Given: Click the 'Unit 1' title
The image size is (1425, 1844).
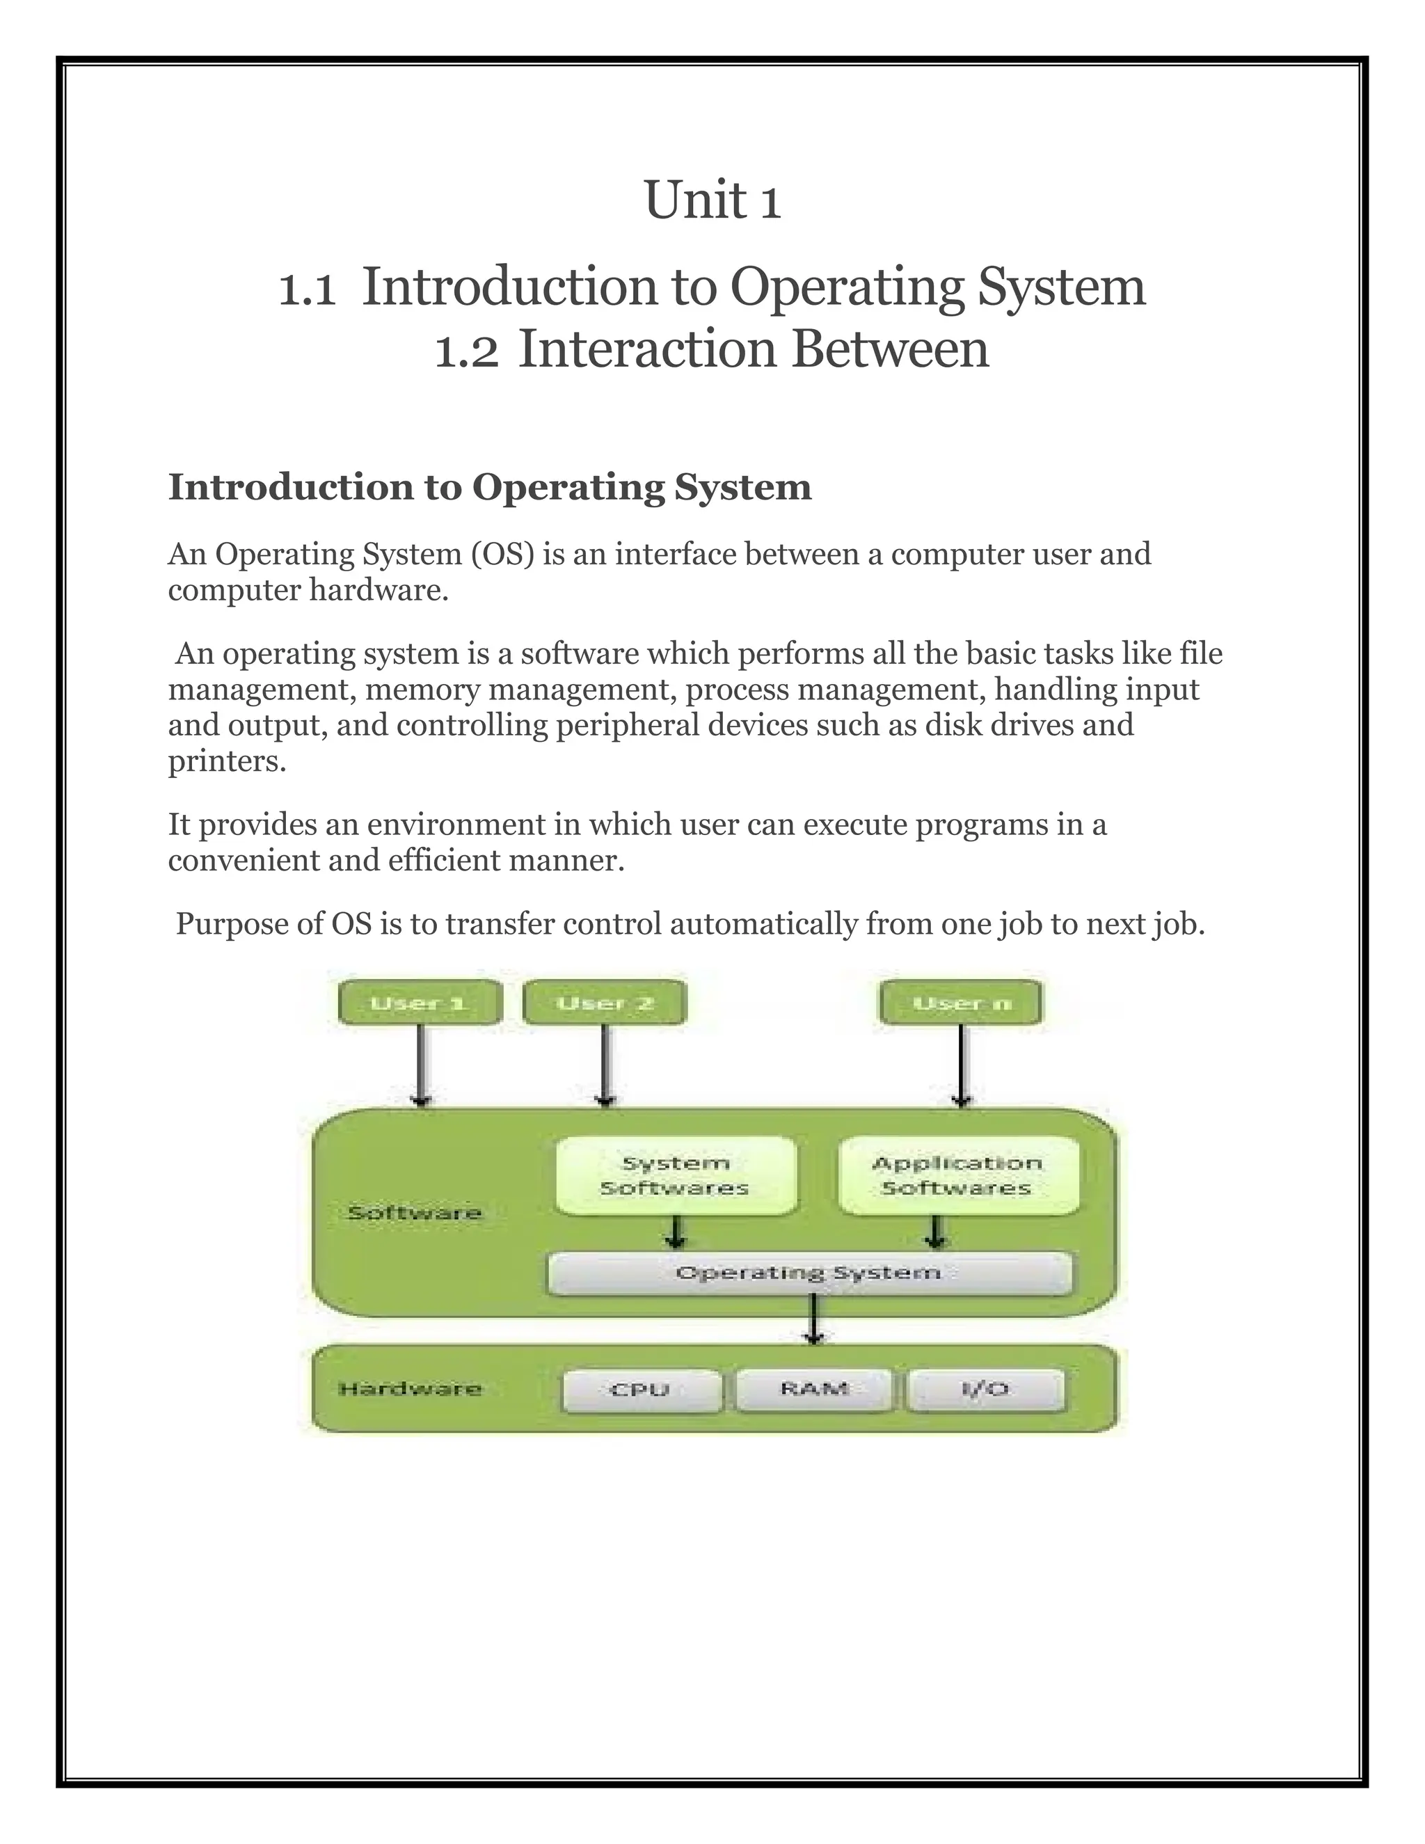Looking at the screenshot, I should coord(712,201).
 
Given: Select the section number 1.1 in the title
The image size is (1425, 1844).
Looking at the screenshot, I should coord(308,290).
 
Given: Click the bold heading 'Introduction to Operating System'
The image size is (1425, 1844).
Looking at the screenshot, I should coord(490,487).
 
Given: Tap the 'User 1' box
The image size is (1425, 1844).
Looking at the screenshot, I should coord(420,1003).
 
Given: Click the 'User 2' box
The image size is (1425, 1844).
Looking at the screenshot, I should coord(605,1003).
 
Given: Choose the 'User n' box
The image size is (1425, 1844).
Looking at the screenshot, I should coord(961,1003).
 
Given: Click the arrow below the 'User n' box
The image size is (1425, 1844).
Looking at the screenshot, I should coord(962,1065).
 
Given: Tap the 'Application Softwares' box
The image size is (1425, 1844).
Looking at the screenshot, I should coord(957,1175).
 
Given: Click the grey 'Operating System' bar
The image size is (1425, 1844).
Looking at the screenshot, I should coord(809,1273).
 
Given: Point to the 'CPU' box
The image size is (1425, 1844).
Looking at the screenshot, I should coord(641,1389).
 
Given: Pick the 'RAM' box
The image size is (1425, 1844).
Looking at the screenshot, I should coord(814,1389).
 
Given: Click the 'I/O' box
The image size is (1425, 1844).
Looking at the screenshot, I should coord(985,1389).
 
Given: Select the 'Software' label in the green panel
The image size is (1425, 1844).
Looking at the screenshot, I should coord(415,1214).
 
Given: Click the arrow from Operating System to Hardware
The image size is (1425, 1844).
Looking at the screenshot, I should coord(813,1318).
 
